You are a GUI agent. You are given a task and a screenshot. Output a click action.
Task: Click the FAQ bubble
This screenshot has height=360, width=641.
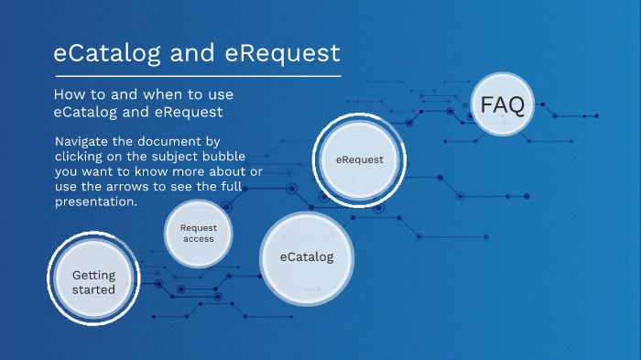tap(503, 106)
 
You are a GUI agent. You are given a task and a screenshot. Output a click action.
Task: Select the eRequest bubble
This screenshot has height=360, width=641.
tap(359, 159)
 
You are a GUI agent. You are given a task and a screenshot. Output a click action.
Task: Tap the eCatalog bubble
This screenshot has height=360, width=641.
tap(307, 256)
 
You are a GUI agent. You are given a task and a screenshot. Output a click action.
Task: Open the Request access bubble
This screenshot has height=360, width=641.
tap(197, 233)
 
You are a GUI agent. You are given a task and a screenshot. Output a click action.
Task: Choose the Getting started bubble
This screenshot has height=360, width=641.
tap(93, 281)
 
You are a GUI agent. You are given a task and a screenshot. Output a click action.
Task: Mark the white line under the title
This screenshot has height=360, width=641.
tap(197, 75)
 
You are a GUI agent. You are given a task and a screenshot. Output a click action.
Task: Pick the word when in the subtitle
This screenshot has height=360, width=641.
tap(163, 95)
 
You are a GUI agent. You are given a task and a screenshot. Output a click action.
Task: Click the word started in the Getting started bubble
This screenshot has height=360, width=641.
tap(93, 289)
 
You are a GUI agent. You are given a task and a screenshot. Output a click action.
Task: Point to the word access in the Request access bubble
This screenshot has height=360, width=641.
tap(197, 239)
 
